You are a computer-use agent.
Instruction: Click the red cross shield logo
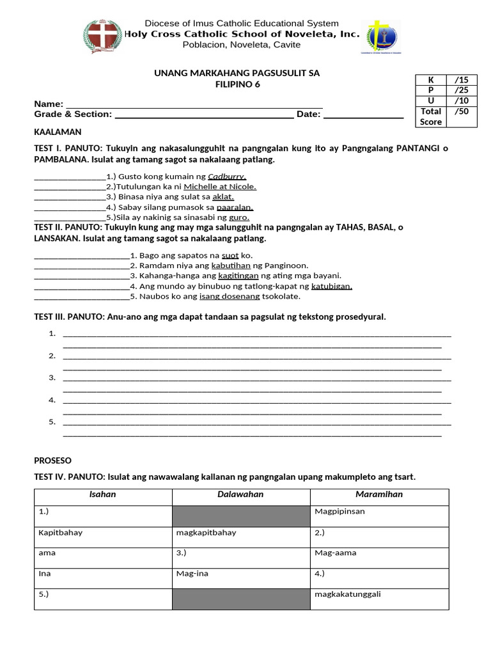102,36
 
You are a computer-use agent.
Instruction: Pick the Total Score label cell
431,116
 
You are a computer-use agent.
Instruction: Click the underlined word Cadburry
227,177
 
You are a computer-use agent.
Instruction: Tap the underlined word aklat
223,197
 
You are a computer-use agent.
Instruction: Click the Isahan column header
102,494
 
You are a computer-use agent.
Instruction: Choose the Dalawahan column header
240,494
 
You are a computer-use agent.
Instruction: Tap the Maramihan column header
379,494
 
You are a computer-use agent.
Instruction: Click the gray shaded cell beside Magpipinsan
240,516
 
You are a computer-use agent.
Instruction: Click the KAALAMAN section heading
58,132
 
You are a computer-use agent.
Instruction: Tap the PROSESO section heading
52,461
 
